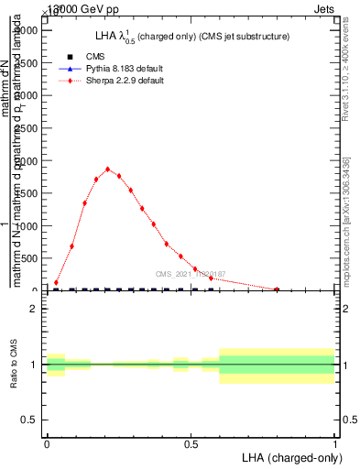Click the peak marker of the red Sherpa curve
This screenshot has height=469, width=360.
(x=108, y=169)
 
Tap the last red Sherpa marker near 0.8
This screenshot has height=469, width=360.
(x=277, y=289)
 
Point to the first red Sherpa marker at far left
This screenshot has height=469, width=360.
(x=56, y=283)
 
